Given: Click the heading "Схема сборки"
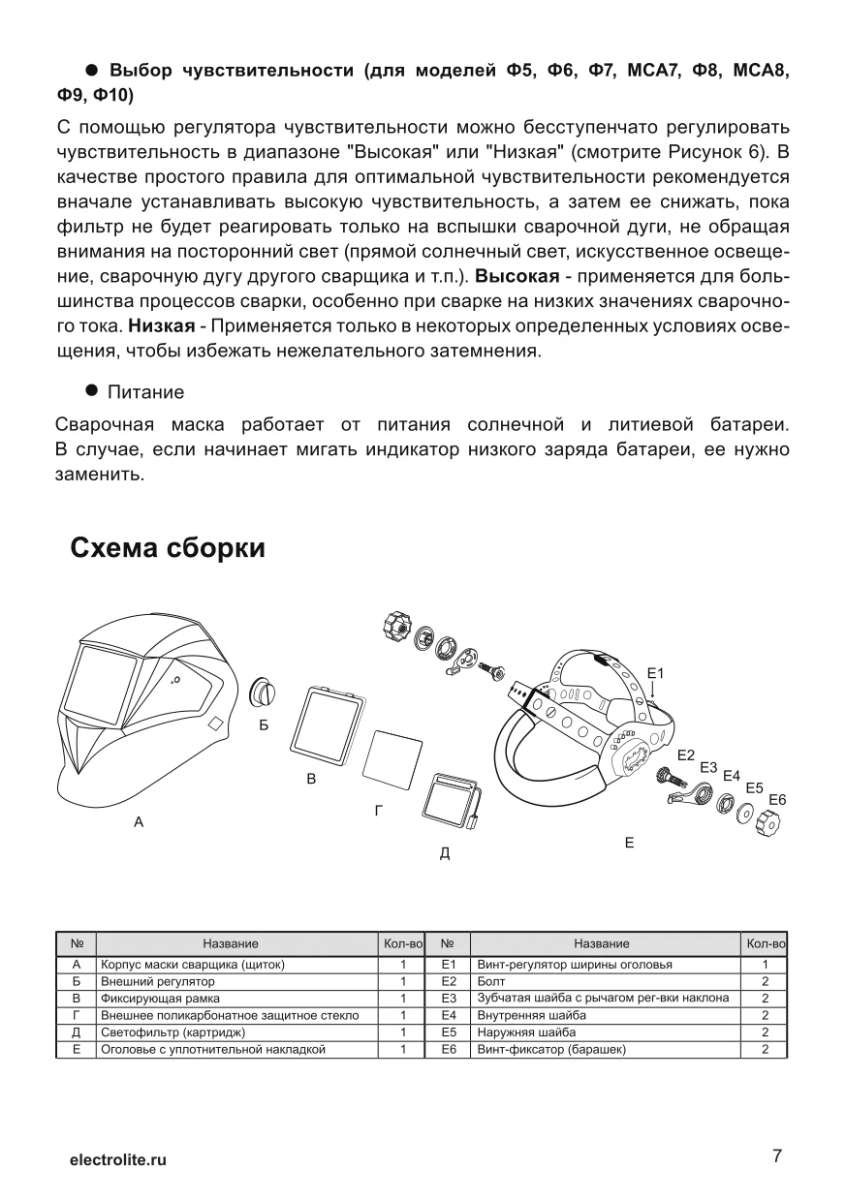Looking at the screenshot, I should click(x=168, y=548).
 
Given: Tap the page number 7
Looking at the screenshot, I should click(x=777, y=1156).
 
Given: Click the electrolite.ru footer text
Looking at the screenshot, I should click(x=118, y=1159).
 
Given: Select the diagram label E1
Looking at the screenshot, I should click(x=655, y=672).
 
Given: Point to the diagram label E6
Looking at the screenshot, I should click(x=777, y=799).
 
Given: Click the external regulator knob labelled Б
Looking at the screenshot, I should click(x=263, y=693).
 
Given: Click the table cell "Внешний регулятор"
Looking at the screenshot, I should click(x=158, y=981).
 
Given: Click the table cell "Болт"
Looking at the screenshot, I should click(x=490, y=981).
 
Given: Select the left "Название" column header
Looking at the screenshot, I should click(x=231, y=943).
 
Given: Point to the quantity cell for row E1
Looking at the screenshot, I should click(x=765, y=965).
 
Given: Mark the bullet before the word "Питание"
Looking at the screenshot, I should click(x=93, y=390).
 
